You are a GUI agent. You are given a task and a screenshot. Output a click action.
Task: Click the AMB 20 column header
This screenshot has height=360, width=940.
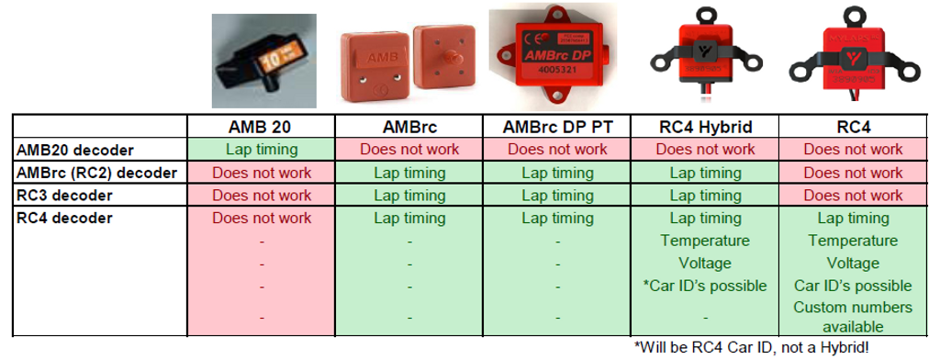[262, 127]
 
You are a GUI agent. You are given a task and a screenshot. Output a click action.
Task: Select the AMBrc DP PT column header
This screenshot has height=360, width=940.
[557, 127]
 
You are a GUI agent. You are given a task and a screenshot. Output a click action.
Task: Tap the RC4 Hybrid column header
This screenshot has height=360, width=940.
[705, 127]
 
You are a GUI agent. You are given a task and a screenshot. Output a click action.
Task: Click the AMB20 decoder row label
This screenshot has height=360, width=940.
[74, 150]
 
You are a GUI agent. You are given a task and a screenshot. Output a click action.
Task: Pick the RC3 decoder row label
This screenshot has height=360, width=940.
[65, 196]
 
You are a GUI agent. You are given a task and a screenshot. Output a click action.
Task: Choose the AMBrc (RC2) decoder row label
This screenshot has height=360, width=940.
[97, 173]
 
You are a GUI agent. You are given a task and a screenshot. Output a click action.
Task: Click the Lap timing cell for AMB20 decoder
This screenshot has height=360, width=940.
[262, 150]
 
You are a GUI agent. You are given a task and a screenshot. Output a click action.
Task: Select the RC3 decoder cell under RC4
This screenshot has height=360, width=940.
[853, 196]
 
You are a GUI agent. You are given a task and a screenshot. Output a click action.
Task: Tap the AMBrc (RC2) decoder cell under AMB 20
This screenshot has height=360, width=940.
[262, 173]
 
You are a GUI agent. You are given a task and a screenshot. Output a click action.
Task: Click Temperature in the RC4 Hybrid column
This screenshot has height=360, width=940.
[705, 241]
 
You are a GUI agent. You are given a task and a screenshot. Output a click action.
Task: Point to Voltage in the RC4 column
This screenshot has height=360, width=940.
[853, 264]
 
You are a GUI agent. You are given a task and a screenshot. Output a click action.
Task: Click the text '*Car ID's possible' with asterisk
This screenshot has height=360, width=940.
[705, 287]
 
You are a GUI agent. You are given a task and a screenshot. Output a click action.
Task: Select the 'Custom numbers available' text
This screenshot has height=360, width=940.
[853, 317]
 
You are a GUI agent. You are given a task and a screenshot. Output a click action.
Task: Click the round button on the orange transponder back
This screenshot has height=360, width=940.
[449, 58]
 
